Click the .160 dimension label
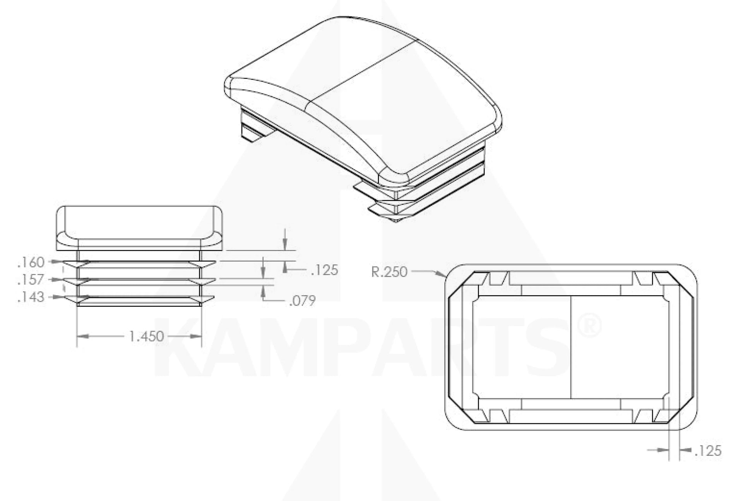coord(31,262)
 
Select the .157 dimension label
coord(31,279)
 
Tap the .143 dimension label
coord(31,297)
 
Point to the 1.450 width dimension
coord(146,336)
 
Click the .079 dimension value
coord(302,301)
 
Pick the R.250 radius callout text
coord(389,272)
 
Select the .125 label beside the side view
coord(324,270)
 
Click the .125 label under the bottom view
coord(708,451)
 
